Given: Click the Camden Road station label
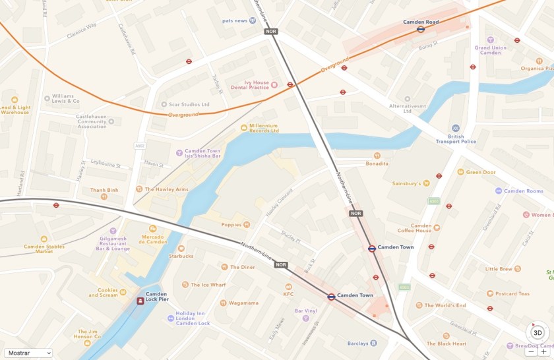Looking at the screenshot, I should click(x=421, y=22).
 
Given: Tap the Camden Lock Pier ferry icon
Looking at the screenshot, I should click(x=140, y=301).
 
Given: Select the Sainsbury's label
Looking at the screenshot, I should click(x=406, y=183).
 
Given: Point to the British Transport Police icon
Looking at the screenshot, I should click(x=456, y=128).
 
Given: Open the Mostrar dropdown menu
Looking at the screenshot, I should click(x=28, y=353).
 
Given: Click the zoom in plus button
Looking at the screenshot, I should click(x=543, y=352).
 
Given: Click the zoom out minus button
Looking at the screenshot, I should click(x=532, y=352).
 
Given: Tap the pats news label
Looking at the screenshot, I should click(x=235, y=20).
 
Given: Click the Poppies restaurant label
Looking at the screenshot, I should click(x=231, y=225).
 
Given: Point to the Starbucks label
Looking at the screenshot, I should click(x=181, y=256).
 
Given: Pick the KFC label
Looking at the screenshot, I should click(x=288, y=294).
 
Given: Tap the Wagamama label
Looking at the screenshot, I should click(x=243, y=303).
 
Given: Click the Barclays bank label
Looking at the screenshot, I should click(x=357, y=343).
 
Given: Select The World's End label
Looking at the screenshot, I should click(x=445, y=305).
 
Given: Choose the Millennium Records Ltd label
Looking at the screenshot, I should click(x=263, y=128).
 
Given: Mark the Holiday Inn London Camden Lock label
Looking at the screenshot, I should click(x=193, y=318).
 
